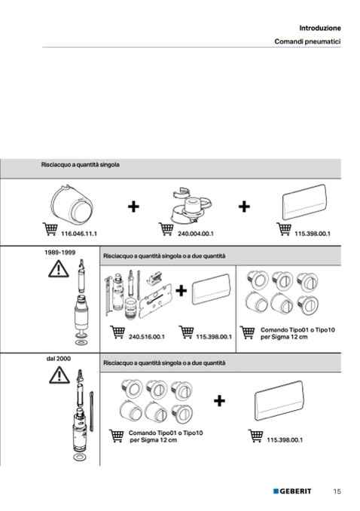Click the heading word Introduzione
(x=320, y=28)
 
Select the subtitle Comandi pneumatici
(x=307, y=41)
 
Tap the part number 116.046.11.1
(x=79, y=234)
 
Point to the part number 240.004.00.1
(x=196, y=234)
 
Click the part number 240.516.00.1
(x=147, y=337)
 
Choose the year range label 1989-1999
(x=60, y=252)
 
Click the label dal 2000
(x=58, y=359)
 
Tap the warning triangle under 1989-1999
(x=59, y=269)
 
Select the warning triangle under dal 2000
(x=59, y=375)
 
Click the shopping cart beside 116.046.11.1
(x=50, y=229)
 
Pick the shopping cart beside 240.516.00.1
(x=117, y=332)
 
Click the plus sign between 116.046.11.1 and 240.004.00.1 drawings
(x=133, y=207)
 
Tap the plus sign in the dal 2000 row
(x=220, y=400)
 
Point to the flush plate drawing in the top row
(x=304, y=202)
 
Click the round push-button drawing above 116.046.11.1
(x=72, y=205)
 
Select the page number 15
(x=337, y=491)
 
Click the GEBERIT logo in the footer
(x=292, y=491)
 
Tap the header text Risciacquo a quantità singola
(x=80, y=164)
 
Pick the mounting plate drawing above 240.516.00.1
(x=155, y=301)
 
